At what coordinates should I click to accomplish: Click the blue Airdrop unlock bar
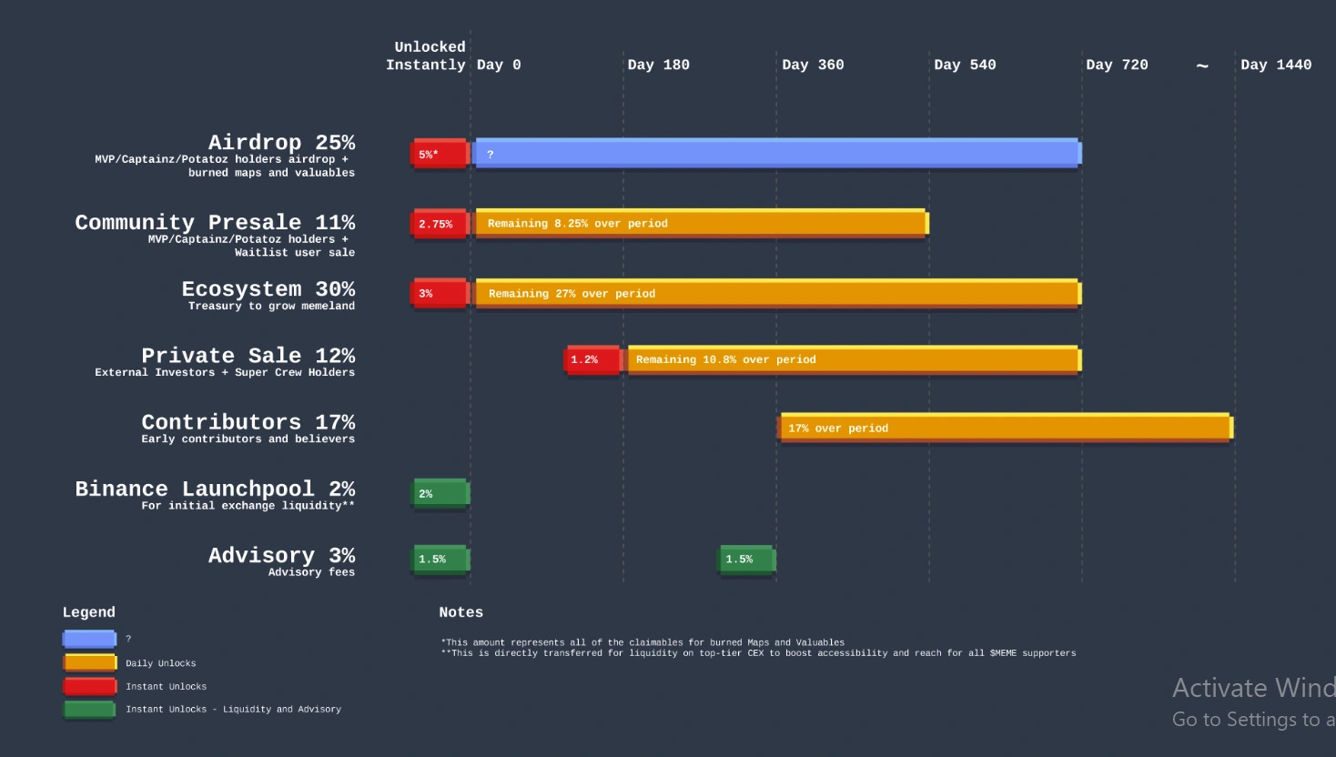(x=777, y=153)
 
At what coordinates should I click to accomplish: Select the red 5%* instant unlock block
(x=440, y=154)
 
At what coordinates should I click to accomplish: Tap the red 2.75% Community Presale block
(x=440, y=224)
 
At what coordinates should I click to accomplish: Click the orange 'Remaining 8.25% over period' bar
(x=701, y=223)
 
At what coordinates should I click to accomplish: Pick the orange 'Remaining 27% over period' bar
(x=777, y=293)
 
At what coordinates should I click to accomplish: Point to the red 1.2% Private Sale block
(x=592, y=359)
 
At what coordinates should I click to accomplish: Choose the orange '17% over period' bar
(x=1005, y=428)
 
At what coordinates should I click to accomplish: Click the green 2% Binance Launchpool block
(x=440, y=493)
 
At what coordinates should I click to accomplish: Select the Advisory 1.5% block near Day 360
(x=746, y=559)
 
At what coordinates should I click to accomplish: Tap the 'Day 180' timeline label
(x=658, y=65)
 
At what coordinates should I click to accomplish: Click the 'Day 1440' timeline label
(x=1275, y=65)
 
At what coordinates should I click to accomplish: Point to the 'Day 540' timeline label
(x=965, y=65)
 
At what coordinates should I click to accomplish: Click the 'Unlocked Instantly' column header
(x=427, y=56)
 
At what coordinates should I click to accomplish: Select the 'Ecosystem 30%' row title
(x=268, y=289)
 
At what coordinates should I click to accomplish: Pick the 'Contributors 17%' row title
(x=248, y=422)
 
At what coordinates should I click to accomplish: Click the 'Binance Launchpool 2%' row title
(x=215, y=489)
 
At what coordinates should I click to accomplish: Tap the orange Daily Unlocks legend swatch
(x=89, y=662)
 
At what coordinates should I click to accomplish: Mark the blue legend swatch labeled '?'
(x=89, y=639)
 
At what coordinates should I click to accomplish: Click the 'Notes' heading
(x=461, y=612)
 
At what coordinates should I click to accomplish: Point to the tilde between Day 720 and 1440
(x=1202, y=66)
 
